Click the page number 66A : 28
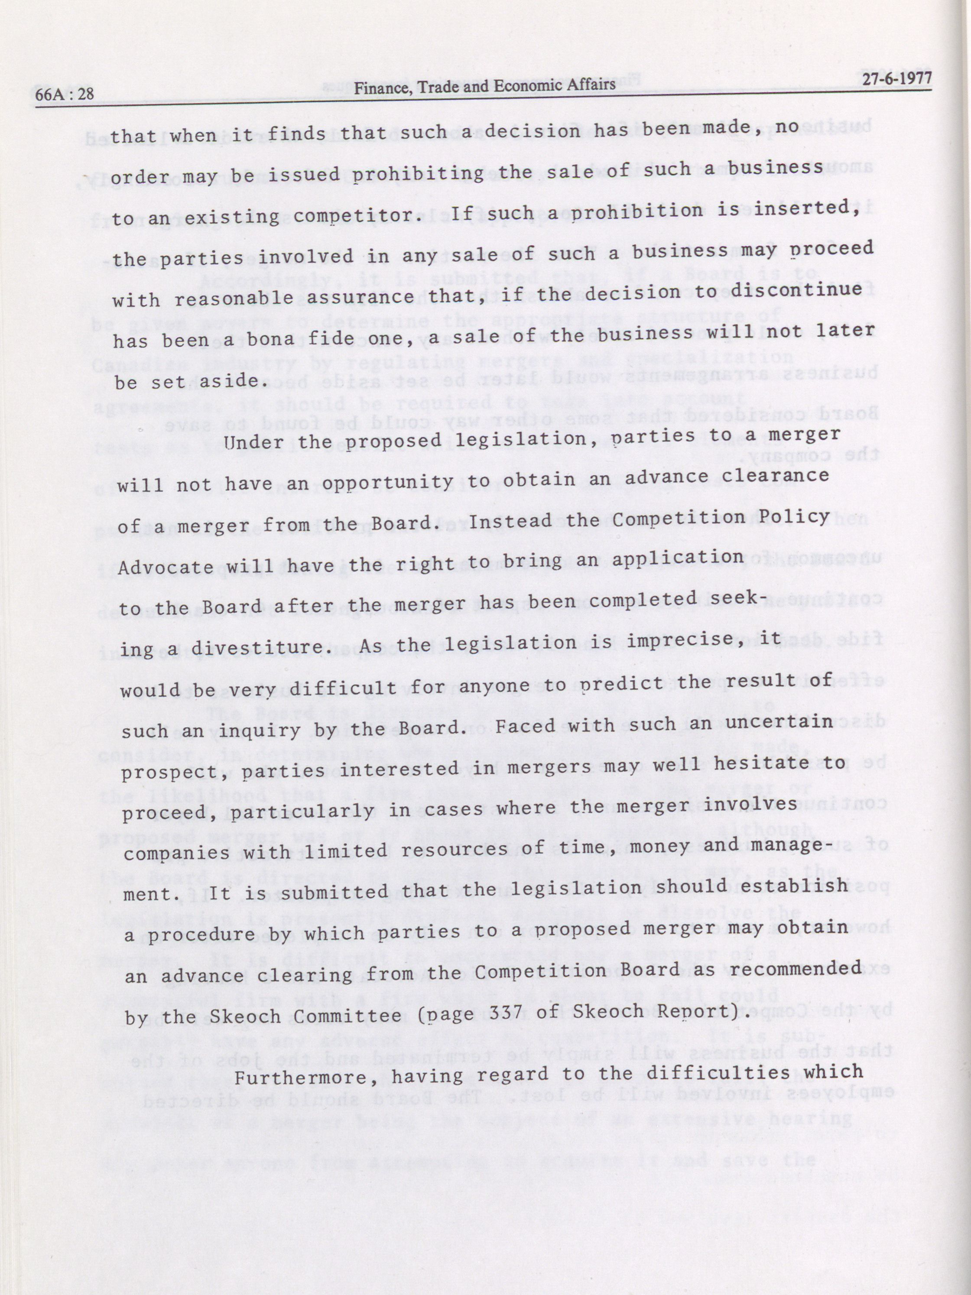tap(65, 94)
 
